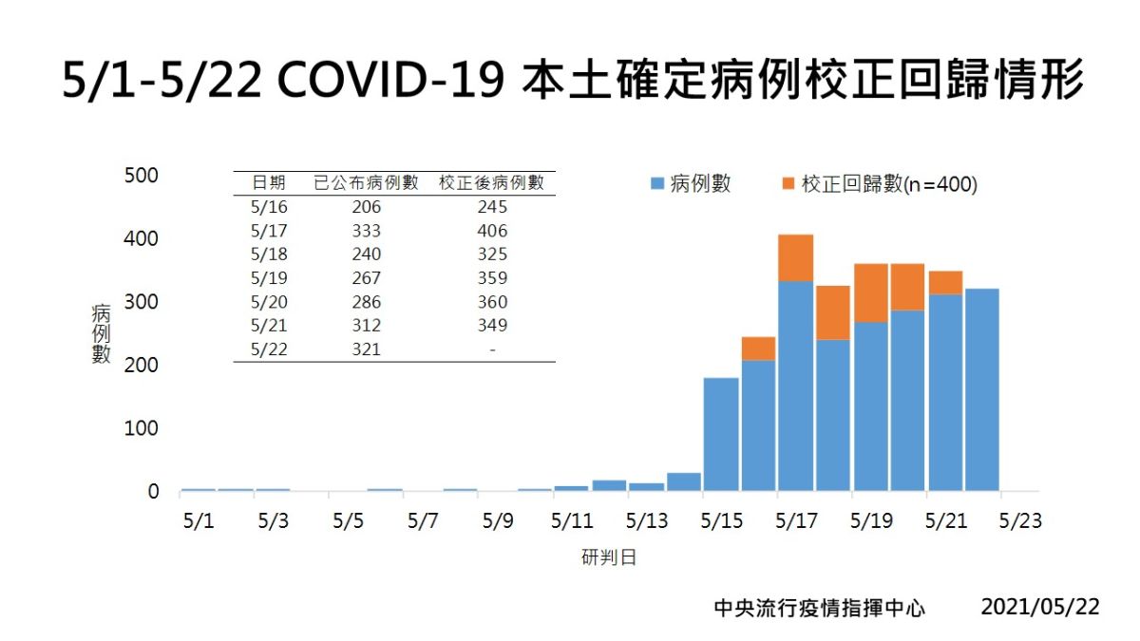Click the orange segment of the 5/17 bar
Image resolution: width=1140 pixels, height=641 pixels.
point(796,257)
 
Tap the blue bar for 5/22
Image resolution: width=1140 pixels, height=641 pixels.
point(982,389)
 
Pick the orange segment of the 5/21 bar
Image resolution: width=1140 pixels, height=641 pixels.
point(945,282)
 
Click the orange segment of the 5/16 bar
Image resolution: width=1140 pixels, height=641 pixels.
point(759,349)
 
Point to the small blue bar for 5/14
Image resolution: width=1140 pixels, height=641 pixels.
point(684,481)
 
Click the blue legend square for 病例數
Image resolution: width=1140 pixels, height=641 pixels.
point(656,184)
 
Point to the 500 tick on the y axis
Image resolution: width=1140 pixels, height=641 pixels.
point(141,176)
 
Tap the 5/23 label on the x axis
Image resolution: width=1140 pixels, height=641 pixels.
point(1020,521)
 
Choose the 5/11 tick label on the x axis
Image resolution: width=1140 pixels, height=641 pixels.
point(572,521)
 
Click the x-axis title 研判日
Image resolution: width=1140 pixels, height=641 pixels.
point(609,557)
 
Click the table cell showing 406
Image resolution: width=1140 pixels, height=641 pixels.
point(492,231)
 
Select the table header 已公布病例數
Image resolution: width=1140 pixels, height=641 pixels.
point(366,182)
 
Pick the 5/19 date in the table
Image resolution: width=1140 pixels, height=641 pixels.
point(269,278)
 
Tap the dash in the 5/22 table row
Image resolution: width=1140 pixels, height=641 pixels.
point(492,349)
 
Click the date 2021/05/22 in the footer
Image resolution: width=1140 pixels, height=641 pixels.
point(1039,607)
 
